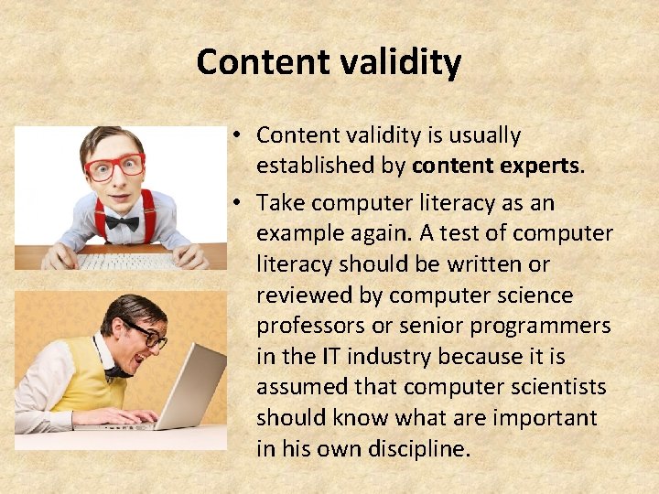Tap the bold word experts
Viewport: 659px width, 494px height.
click(x=536, y=166)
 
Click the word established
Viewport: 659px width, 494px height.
click(x=330, y=166)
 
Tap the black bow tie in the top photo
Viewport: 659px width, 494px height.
click(x=121, y=222)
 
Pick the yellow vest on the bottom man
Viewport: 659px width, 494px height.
click(x=82, y=380)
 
